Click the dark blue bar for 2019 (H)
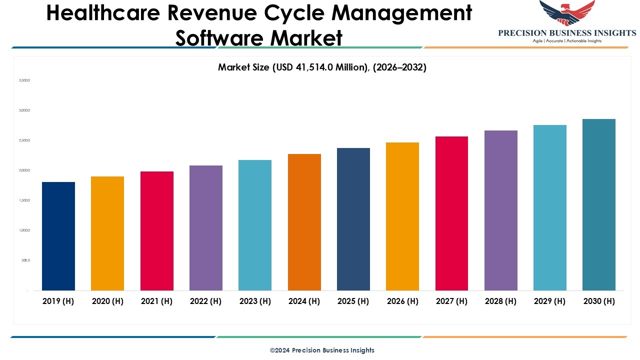pos(58,236)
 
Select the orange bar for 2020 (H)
pos(107,233)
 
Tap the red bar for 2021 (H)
pos(157,230)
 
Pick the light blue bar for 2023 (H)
pos(255,225)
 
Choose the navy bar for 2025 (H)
pos(353,219)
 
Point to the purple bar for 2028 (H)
pos(501,210)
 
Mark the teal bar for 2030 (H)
pos(599,204)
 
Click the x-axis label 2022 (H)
pos(205,301)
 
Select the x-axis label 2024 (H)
pos(304,301)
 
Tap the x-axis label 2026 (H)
pos(402,301)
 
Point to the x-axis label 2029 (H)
pos(550,301)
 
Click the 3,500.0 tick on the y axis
pos(24,80)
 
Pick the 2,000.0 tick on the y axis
pos(24,170)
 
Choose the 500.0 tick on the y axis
pos(25,260)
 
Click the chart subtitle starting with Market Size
pos(322,67)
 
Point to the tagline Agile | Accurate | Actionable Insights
pos(567,41)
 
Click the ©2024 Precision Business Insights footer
pos(322,350)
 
